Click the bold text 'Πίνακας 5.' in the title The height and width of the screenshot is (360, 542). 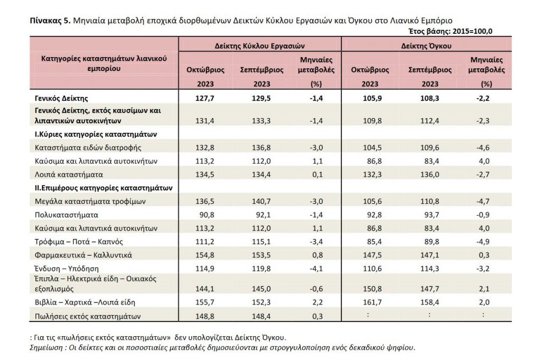point(50,21)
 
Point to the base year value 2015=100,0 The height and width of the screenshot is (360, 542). point(473,31)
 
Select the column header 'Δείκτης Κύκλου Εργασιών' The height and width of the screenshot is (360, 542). point(259,46)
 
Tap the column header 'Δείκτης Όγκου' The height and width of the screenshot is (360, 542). point(426,46)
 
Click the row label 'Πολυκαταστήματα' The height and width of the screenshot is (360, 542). point(66,215)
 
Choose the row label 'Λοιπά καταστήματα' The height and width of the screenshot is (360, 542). point(69,174)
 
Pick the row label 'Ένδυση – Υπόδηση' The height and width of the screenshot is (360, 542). point(67,268)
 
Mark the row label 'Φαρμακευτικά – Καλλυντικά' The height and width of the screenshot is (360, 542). point(83,255)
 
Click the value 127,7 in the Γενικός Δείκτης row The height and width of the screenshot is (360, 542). point(205,98)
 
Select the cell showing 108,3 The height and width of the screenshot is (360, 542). point(430,98)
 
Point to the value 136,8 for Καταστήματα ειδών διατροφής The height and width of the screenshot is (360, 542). point(261,148)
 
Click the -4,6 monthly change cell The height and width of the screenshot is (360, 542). point(483,148)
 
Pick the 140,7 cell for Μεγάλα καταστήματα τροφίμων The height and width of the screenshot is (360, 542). point(261,201)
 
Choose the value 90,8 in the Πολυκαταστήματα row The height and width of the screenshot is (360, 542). point(207,215)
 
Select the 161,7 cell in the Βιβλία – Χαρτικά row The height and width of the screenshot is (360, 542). point(372,302)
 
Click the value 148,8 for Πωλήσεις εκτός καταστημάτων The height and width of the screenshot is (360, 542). point(205,316)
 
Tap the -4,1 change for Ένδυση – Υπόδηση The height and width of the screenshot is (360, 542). point(316,268)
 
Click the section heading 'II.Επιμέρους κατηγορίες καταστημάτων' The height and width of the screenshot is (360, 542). point(103,188)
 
